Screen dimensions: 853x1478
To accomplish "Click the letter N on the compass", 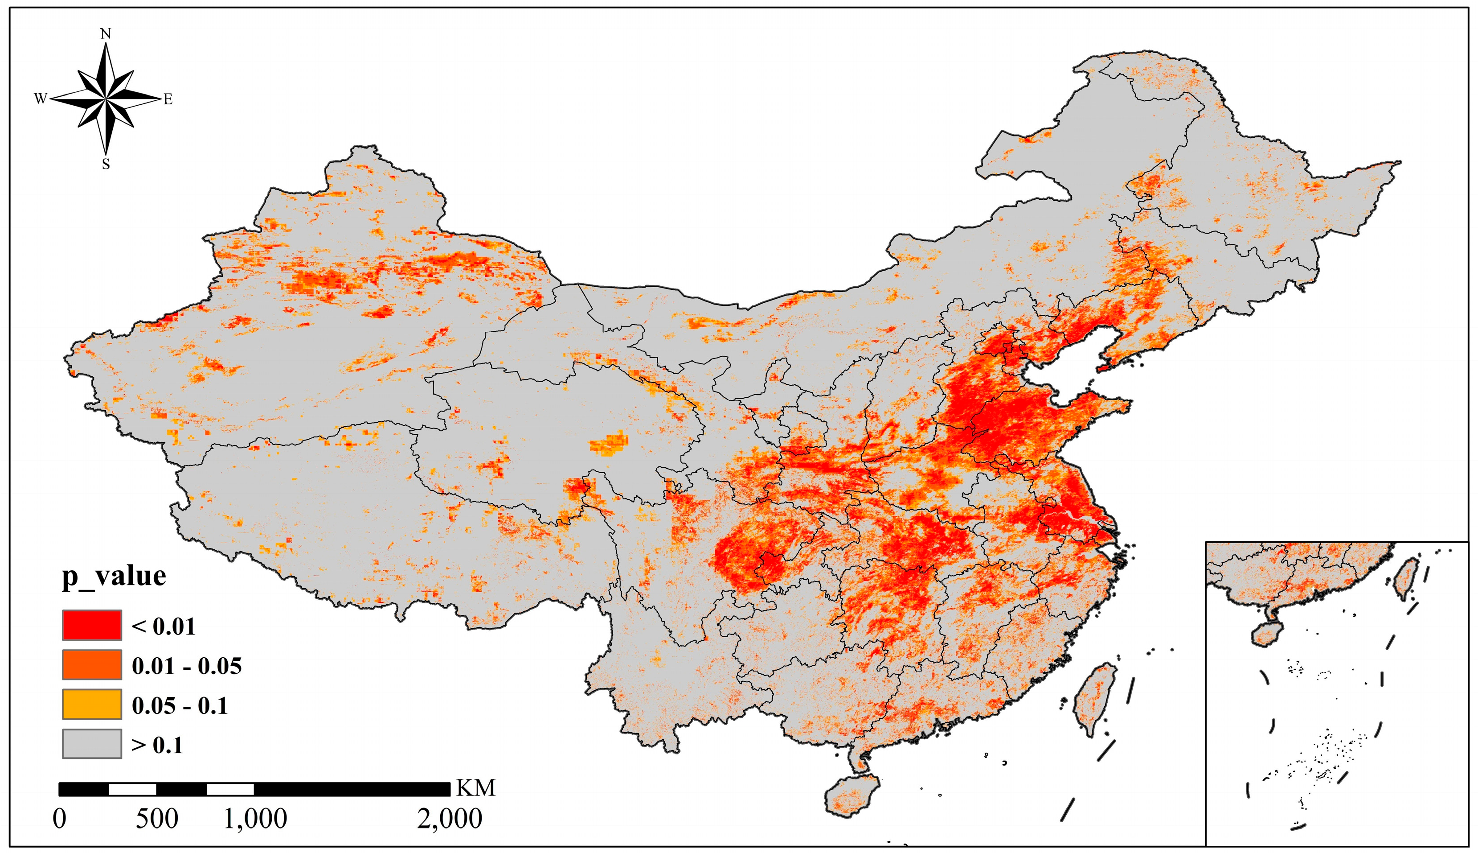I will coord(106,34).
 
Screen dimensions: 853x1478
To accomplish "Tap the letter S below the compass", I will coord(106,165).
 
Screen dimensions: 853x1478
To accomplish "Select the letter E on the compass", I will coord(168,99).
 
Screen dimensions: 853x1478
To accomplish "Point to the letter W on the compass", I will coord(40,99).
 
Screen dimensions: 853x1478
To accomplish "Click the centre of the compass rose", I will coord(106,99).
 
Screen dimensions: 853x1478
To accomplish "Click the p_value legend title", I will coord(114,577).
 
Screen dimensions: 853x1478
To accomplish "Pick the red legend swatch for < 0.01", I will coord(92,625).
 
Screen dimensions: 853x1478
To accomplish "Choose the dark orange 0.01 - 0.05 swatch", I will coord(92,664).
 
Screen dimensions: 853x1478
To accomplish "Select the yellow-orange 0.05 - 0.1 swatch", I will coord(92,704).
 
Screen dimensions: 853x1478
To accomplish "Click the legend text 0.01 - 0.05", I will coord(187,666).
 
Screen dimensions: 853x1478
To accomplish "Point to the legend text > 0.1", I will coord(157,745).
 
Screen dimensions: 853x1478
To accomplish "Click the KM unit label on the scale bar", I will coord(476,788).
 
